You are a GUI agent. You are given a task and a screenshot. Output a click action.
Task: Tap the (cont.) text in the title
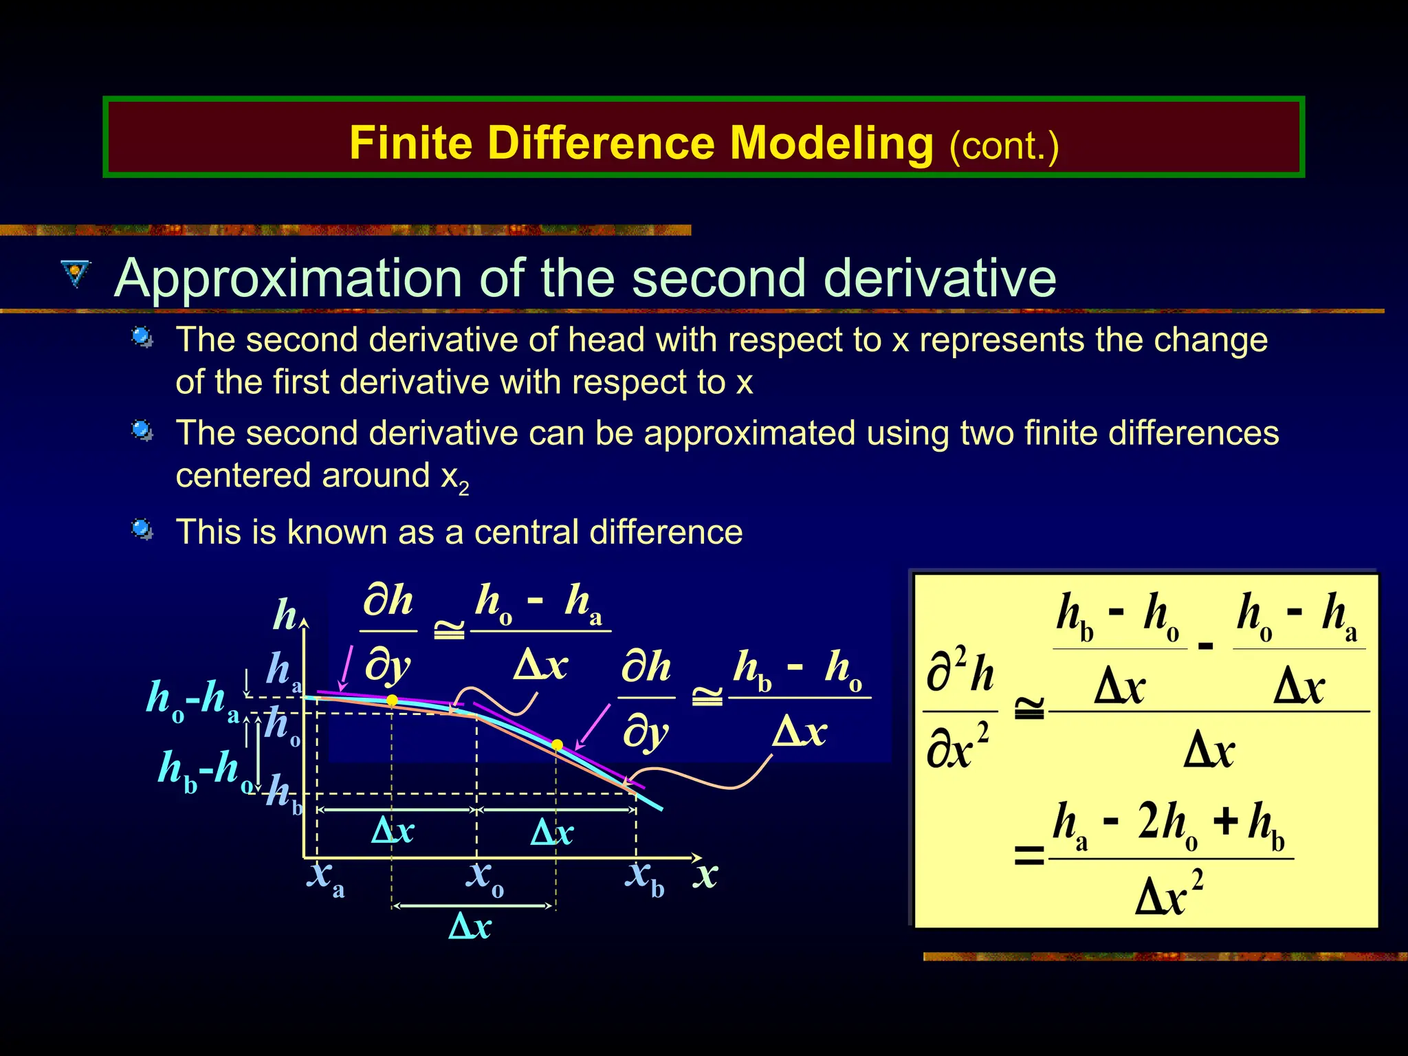(x=1004, y=146)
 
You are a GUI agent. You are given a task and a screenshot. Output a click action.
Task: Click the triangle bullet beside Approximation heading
(x=75, y=273)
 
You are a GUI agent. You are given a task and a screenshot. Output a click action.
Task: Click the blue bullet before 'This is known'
(x=142, y=529)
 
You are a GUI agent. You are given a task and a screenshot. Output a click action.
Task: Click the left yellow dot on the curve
(x=392, y=701)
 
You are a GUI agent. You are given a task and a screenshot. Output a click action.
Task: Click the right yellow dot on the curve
(x=558, y=745)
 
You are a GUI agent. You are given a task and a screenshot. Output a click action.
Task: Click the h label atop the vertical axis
(x=285, y=614)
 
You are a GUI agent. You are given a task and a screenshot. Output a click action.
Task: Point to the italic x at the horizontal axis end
(x=706, y=875)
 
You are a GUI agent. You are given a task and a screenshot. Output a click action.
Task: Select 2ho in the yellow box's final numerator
(x=1167, y=824)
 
